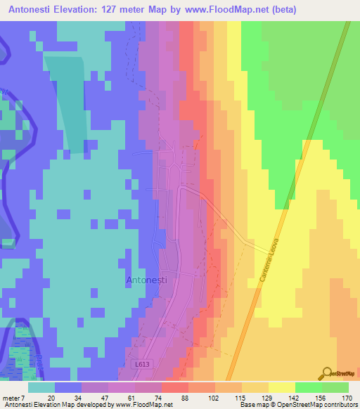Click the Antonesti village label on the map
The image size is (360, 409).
click(146, 280)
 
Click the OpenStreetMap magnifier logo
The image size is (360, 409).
click(327, 374)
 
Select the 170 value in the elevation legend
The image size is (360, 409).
click(347, 397)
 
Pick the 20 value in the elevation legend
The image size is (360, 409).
click(51, 397)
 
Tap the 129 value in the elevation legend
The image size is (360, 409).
click(264, 397)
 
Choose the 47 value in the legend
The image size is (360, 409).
click(104, 397)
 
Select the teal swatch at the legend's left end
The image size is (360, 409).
click(41, 387)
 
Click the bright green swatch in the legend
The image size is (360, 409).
click(309, 387)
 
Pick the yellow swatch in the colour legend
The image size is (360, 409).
click(282, 387)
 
